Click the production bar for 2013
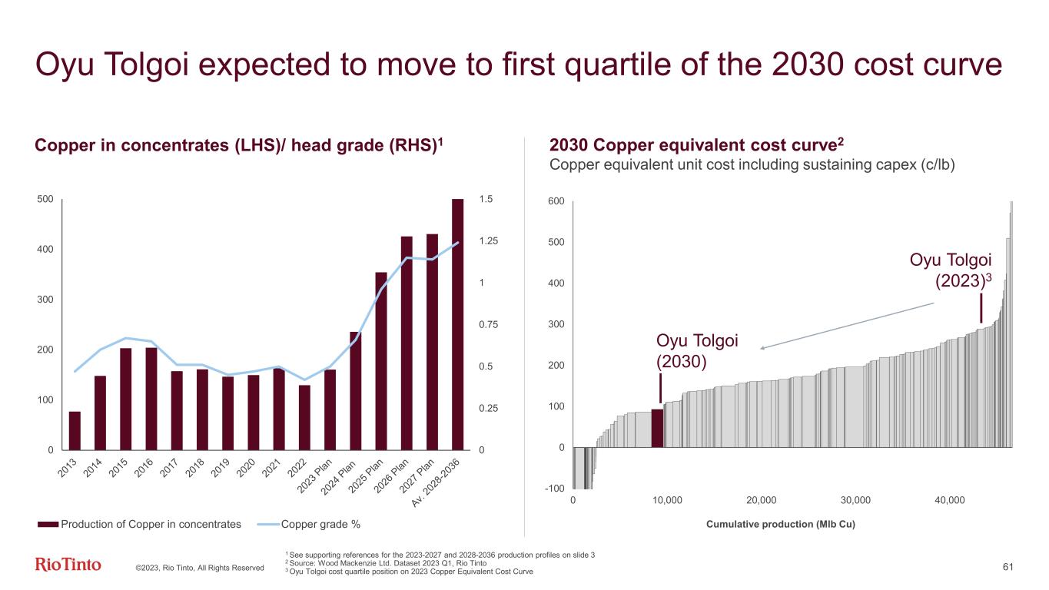pyautogui.click(x=75, y=431)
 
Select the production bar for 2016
pyautogui.click(x=151, y=399)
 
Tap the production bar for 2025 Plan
pyautogui.click(x=381, y=361)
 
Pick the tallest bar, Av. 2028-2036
pyautogui.click(x=458, y=324)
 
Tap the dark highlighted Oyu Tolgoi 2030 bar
pyautogui.click(x=657, y=427)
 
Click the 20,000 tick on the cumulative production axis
pyautogui.click(x=761, y=500)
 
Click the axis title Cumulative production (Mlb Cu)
pyautogui.click(x=779, y=524)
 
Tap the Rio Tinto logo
pyautogui.click(x=68, y=565)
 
